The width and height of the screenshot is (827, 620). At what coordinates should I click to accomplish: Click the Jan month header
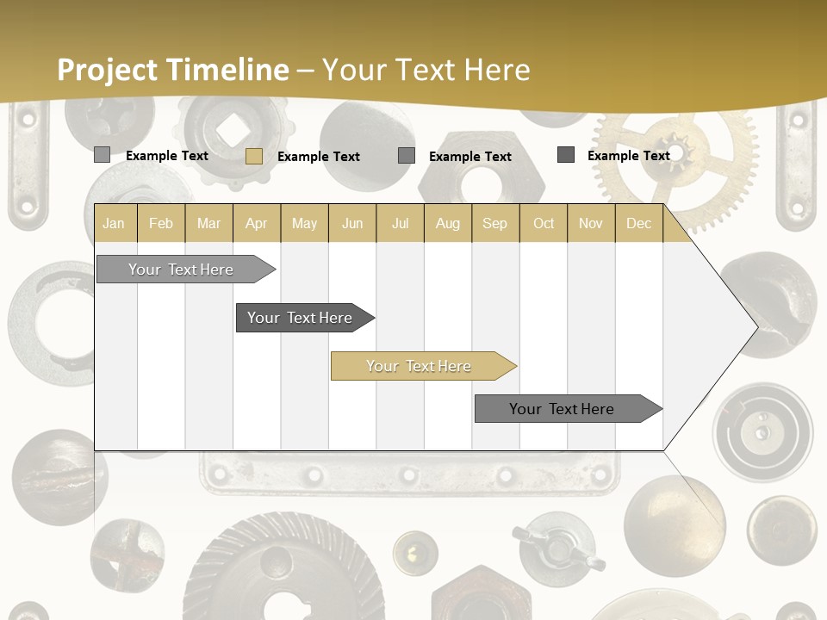(115, 223)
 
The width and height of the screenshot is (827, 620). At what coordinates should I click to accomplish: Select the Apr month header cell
(257, 223)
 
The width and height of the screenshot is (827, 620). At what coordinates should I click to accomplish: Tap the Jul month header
(400, 223)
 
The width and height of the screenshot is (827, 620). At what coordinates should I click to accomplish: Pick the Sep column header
(494, 223)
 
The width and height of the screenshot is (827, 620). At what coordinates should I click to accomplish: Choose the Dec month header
(638, 223)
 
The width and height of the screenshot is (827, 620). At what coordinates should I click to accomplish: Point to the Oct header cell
(544, 223)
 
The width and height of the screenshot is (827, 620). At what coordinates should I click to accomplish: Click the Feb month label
(161, 223)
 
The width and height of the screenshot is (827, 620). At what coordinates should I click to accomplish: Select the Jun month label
(352, 223)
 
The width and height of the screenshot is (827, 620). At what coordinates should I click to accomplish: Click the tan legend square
(253, 156)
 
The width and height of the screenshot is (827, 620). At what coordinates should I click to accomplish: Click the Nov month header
(591, 223)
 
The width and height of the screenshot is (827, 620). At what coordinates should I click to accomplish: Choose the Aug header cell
(447, 223)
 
